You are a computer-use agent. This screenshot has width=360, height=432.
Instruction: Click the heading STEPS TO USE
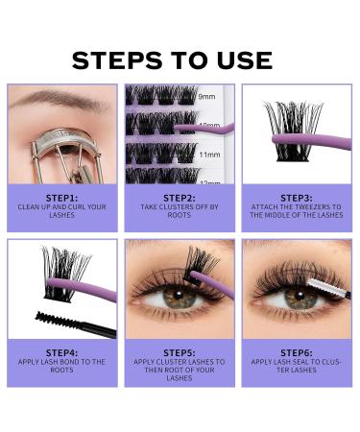click(172, 60)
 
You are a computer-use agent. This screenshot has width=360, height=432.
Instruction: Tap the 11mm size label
click(209, 152)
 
